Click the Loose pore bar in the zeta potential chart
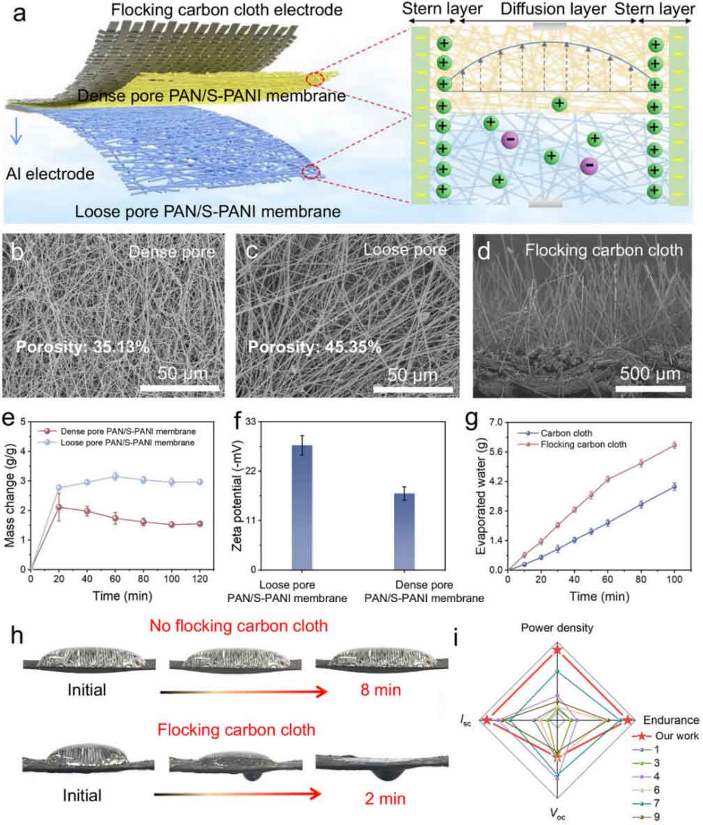point(302,507)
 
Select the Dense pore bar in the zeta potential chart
point(405,532)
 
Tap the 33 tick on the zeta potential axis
point(250,422)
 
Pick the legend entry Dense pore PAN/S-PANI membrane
point(116,431)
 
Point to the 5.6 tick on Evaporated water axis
point(496,452)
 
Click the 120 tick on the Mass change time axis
point(199,579)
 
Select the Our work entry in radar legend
point(665,736)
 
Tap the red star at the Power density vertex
point(557,650)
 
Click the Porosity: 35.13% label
point(82,347)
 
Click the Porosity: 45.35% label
point(315,347)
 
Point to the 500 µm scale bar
point(650,389)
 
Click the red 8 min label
point(381,690)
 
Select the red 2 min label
point(385,799)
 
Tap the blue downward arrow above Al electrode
point(16,131)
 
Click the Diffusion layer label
point(553,9)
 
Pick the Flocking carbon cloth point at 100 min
point(674,445)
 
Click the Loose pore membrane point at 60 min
point(115,477)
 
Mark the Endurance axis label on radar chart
point(671,720)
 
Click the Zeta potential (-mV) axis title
point(237,495)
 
